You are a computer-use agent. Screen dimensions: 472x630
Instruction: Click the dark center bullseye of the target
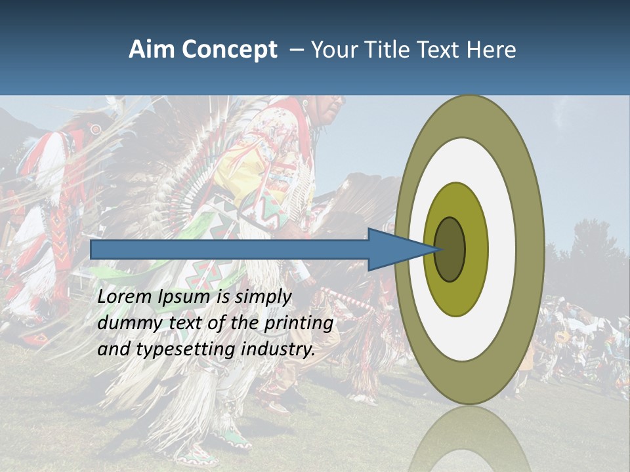[450, 250]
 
